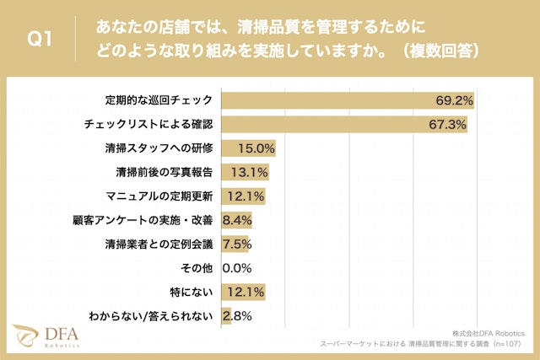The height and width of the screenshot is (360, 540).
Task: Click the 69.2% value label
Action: pyautogui.click(x=454, y=100)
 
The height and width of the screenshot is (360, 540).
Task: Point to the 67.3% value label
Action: pyautogui.click(x=447, y=125)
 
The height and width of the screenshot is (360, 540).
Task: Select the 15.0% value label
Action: pyautogui.click(x=256, y=148)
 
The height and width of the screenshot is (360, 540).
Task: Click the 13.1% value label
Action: pyautogui.click(x=250, y=173)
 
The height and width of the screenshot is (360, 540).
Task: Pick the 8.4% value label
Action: pyautogui.click(x=237, y=221)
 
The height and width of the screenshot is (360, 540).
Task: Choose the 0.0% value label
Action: pyautogui.click(x=237, y=269)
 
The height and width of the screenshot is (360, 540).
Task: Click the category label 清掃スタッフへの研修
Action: pyautogui.click(x=159, y=148)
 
